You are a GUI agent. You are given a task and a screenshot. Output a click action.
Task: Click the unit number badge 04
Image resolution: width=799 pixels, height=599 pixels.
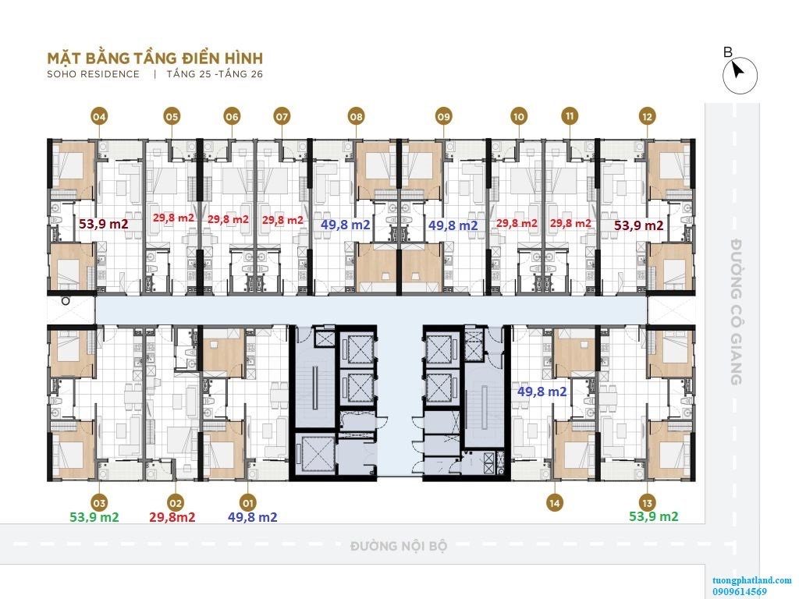tap(99, 117)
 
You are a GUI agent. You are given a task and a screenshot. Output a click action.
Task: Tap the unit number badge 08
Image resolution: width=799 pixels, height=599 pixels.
tap(356, 117)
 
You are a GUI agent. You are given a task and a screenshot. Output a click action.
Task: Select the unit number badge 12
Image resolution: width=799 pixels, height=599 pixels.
tap(647, 117)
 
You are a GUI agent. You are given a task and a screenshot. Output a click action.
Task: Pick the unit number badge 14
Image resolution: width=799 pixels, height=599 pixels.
tap(555, 503)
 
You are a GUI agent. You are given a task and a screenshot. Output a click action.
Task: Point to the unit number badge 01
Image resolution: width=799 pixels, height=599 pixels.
tap(248, 504)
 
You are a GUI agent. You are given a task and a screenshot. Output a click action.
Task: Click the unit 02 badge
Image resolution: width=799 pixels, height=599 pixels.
tap(175, 504)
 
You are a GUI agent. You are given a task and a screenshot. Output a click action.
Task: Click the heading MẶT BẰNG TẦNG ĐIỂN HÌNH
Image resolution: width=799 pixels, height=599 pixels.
tap(155, 58)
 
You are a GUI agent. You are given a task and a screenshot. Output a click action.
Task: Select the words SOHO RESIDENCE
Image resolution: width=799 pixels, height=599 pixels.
tap(94, 74)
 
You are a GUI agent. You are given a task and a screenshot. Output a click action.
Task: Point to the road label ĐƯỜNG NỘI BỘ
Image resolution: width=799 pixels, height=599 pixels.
tap(399, 546)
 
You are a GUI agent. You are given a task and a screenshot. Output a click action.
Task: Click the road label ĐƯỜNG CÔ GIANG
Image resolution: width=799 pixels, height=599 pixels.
tap(735, 312)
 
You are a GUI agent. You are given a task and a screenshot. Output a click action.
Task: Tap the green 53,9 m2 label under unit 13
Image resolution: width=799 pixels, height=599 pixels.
tap(654, 516)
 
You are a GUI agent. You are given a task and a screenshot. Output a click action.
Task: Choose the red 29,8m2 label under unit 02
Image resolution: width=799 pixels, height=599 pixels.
tap(172, 518)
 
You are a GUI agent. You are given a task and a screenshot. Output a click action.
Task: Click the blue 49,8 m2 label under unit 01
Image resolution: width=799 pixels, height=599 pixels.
tap(253, 518)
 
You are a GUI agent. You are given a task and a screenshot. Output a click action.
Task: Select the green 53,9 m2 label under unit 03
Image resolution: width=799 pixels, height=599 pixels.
tap(94, 518)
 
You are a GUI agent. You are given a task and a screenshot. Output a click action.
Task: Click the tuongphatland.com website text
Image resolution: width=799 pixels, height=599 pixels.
tap(752, 580)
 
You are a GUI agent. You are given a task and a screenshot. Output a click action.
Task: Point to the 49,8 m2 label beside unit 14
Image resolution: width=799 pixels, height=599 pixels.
tap(542, 392)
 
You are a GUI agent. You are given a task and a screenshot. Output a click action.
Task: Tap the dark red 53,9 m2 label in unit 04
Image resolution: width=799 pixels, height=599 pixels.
tap(104, 224)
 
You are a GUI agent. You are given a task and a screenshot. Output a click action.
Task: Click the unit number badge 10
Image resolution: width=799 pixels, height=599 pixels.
tap(519, 117)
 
